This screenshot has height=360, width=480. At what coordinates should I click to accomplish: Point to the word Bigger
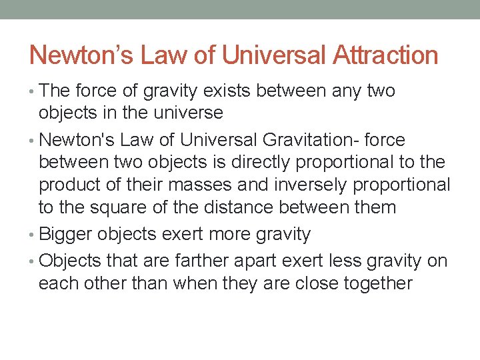[x=65, y=235]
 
